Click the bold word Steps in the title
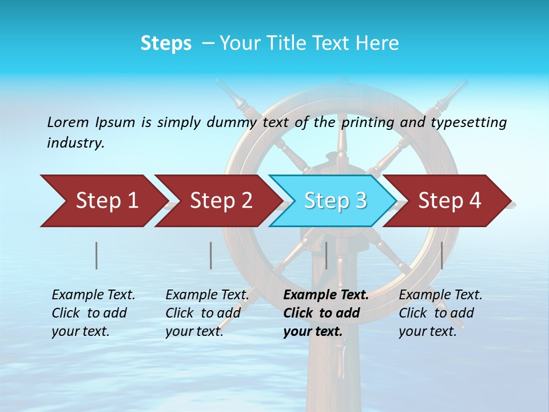pyautogui.click(x=166, y=43)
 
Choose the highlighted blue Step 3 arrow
pyautogui.click(x=335, y=201)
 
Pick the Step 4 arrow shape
pyautogui.click(x=449, y=201)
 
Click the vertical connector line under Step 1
pyautogui.click(x=97, y=255)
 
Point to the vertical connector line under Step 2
pyautogui.click(x=211, y=255)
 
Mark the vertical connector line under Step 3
pyautogui.click(x=326, y=255)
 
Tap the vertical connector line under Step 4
pyautogui.click(x=441, y=255)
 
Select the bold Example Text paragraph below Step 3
pyautogui.click(x=325, y=313)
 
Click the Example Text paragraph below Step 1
pyautogui.click(x=93, y=313)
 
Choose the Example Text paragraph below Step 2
pyautogui.click(x=207, y=313)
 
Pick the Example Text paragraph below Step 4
pyautogui.click(x=440, y=313)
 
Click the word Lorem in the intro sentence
pyautogui.click(x=68, y=122)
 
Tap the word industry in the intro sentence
pyautogui.click(x=75, y=143)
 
